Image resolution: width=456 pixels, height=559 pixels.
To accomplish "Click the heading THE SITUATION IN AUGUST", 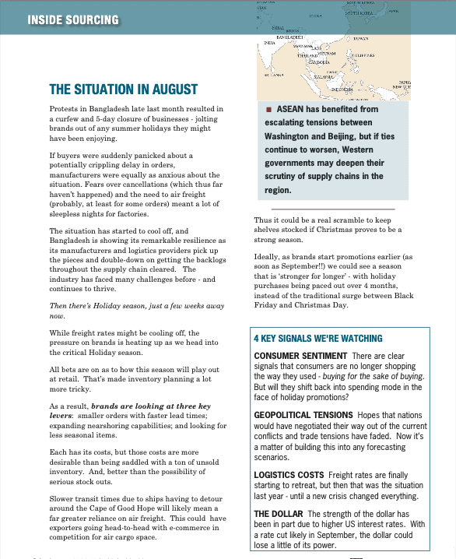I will point(123,90).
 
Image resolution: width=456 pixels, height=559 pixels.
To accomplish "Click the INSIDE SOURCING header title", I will point(73,19).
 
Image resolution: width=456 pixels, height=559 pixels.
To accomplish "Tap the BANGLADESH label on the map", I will point(289,37).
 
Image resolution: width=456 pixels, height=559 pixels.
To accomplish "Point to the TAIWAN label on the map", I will point(360,38).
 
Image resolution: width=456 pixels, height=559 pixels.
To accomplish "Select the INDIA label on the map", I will point(270,43).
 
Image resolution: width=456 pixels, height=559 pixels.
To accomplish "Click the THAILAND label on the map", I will point(308,55).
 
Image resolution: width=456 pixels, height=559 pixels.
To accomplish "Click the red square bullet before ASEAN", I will point(268,109).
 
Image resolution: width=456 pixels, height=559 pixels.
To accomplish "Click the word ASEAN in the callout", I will point(291,109).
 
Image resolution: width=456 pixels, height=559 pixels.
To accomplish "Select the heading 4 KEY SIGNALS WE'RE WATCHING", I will point(317,339).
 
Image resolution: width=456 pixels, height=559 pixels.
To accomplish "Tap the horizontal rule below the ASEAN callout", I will point(332,209).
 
